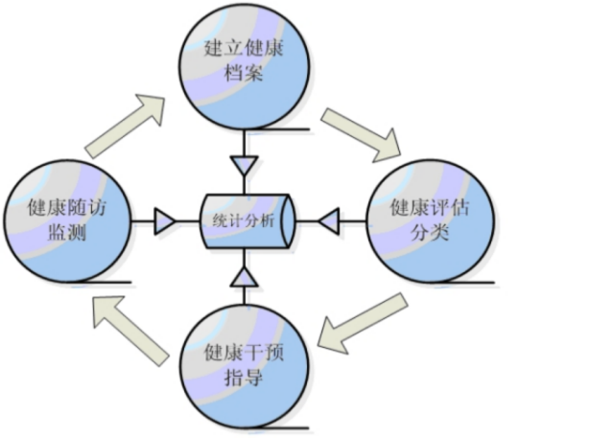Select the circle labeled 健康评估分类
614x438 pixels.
pyautogui.click(x=432, y=223)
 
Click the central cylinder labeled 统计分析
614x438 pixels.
pyautogui.click(x=247, y=222)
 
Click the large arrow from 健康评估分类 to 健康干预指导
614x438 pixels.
pyautogui.click(x=362, y=321)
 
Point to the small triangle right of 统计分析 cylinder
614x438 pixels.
pyautogui.click(x=330, y=223)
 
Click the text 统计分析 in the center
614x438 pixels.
pyautogui.click(x=242, y=221)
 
